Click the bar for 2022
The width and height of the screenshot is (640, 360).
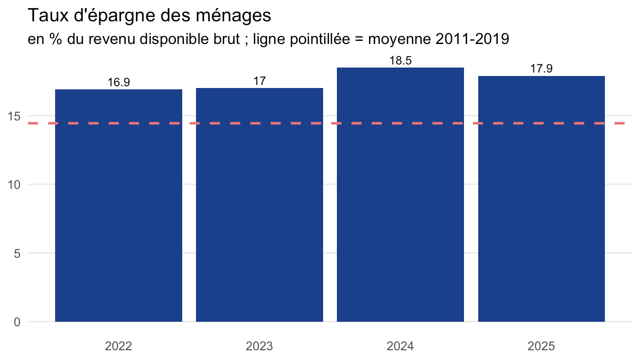pos(119,205)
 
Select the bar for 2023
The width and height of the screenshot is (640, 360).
pos(260,205)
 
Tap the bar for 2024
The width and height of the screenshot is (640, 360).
pos(400,195)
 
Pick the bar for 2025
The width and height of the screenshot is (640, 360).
pos(541,199)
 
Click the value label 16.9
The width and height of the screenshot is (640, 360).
pos(119,82)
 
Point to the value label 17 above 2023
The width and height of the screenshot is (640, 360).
pos(260,81)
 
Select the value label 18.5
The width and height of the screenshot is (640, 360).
pos(400,60)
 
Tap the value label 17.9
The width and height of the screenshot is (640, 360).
pos(541,68)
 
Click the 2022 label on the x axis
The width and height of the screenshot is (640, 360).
pos(118,346)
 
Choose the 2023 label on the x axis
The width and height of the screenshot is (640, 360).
pos(260,346)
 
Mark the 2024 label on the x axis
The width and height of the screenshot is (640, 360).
pos(400,346)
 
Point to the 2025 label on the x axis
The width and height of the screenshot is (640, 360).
pos(541,346)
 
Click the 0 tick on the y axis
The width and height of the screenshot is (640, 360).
pos(17,322)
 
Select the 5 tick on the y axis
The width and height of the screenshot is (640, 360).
pos(17,253)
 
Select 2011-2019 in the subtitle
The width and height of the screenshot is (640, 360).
pos(472,39)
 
